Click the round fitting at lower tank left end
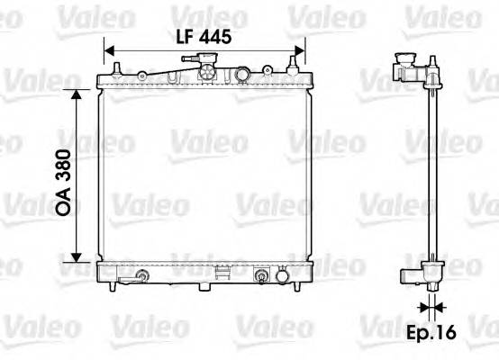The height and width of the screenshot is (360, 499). click(x=140, y=275)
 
